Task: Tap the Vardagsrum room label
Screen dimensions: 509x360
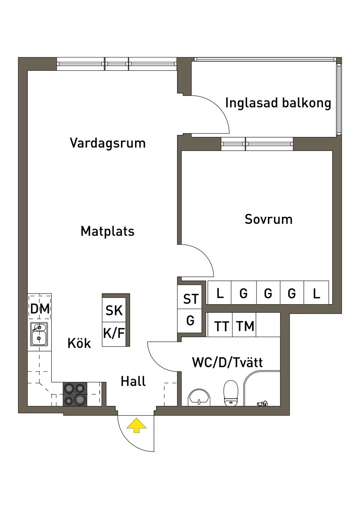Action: (108, 143)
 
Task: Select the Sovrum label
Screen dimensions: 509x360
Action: (269, 219)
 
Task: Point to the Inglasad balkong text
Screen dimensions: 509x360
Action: (278, 103)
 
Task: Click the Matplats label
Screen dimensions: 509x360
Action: (108, 231)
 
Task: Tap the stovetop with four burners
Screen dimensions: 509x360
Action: (75, 394)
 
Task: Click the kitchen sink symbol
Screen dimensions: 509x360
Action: (39, 334)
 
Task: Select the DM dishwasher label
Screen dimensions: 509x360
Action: (40, 309)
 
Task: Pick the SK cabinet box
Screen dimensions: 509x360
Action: (114, 310)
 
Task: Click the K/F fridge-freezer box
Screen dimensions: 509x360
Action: (114, 333)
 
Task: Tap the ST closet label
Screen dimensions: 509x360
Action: (191, 299)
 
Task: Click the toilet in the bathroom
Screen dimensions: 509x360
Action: (231, 393)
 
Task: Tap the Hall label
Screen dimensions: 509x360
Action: (133, 381)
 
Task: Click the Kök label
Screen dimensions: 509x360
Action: (79, 343)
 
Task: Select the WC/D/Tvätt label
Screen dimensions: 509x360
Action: (227, 362)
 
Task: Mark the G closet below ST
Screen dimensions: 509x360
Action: (190, 321)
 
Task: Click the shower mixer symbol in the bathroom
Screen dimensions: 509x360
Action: (263, 404)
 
